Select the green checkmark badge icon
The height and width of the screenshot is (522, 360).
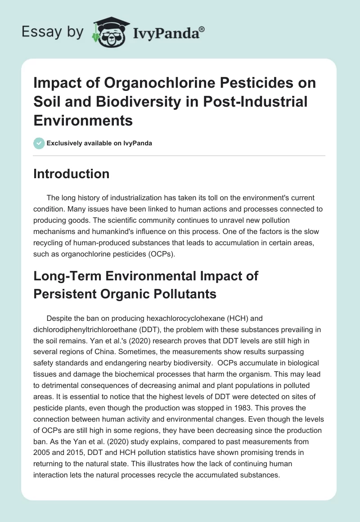point(39,143)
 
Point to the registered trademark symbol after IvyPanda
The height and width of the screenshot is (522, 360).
point(202,28)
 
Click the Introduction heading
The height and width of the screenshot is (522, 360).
point(71,174)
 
